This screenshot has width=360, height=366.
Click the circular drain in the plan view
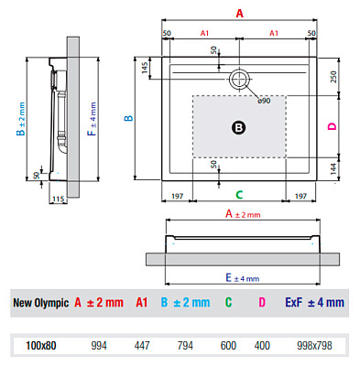click(239, 80)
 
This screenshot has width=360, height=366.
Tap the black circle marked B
click(239, 127)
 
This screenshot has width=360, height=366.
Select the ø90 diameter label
click(264, 101)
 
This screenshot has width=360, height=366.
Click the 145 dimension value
click(145, 68)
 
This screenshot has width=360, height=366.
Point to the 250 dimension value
click(333, 77)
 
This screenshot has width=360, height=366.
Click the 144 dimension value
click(333, 168)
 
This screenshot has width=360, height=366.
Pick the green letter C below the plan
click(239, 195)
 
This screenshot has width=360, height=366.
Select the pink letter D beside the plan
click(332, 126)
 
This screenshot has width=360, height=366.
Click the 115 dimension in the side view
click(59, 199)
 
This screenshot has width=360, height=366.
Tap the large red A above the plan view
click(240, 14)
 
